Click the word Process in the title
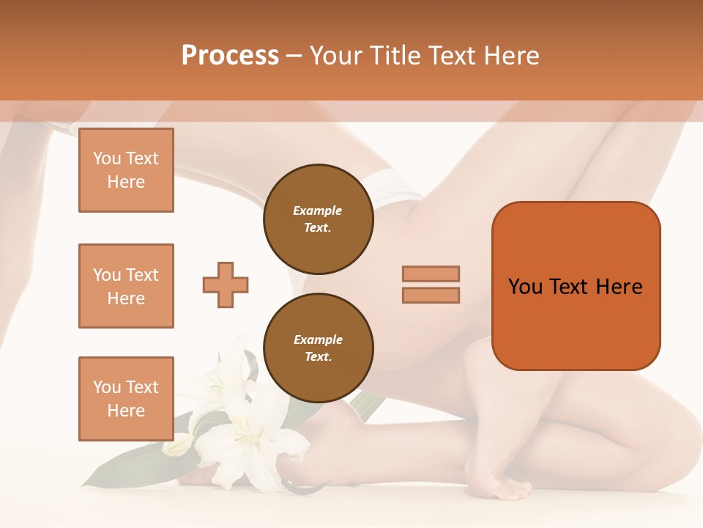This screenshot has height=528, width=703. [x=230, y=56]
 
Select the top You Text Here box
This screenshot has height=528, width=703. [x=126, y=170]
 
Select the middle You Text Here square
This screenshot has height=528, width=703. [x=126, y=286]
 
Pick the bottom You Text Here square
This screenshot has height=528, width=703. [x=126, y=398]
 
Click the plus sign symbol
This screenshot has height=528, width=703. [x=226, y=285]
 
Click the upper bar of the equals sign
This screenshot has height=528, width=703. [x=431, y=274]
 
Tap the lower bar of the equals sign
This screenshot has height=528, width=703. [x=431, y=295]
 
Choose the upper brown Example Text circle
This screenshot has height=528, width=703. [x=318, y=219]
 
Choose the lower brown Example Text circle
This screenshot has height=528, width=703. [x=318, y=348]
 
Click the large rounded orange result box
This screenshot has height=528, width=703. [x=576, y=323]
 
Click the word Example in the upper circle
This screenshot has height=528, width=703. [x=318, y=211]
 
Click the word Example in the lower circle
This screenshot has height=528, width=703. [x=318, y=340]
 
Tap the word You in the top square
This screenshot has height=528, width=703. [x=107, y=158]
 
